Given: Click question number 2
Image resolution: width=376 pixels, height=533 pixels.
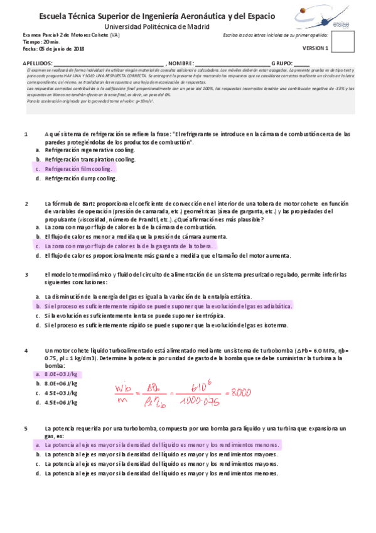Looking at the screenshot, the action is click(x=26, y=204).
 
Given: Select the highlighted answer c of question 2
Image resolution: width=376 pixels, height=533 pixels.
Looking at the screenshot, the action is click(x=129, y=246).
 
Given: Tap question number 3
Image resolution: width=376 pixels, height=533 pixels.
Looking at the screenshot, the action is click(x=26, y=275).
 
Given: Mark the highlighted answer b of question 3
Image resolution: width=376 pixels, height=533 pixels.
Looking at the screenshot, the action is click(x=168, y=305).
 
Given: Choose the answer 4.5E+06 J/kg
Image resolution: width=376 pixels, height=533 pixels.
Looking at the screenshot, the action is click(x=61, y=402).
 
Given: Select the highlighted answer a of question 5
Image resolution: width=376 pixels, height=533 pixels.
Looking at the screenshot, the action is click(x=162, y=444).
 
